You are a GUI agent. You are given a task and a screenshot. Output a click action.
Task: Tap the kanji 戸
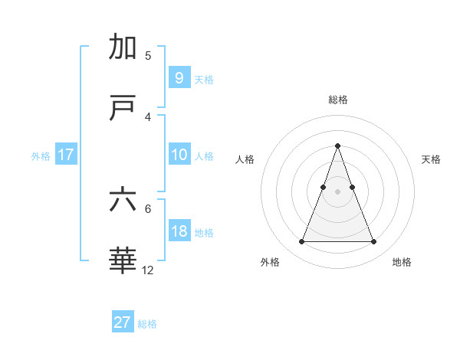pyautogui.click(x=123, y=109)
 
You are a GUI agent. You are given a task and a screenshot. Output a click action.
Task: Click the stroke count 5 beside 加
pyautogui.click(x=148, y=55)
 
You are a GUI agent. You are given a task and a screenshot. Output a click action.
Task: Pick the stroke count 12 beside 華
pyautogui.click(x=148, y=270)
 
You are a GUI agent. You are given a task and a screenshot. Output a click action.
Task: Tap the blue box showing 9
pyautogui.click(x=179, y=77)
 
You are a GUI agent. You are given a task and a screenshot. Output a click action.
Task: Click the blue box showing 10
pyautogui.click(x=179, y=155)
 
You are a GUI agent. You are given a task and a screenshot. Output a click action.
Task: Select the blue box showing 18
pyautogui.click(x=179, y=231)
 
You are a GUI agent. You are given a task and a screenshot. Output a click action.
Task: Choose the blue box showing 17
pyautogui.click(x=66, y=155)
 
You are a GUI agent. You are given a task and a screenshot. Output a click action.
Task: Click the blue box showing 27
pyautogui.click(x=123, y=322)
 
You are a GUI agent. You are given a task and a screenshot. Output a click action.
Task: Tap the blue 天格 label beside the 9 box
pyautogui.click(x=204, y=79)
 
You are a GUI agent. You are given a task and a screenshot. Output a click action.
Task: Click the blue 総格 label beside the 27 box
pyautogui.click(x=147, y=324)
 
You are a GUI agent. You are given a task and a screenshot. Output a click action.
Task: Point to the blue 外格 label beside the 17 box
pyautogui.click(x=41, y=156)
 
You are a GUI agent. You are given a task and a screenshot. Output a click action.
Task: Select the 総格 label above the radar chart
pyautogui.click(x=337, y=100)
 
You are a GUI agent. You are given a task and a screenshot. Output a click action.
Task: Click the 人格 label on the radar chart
pyautogui.click(x=245, y=159)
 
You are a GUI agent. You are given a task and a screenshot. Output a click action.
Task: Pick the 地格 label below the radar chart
pyautogui.click(x=402, y=262)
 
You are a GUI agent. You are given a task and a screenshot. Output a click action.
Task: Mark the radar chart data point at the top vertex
pyautogui.click(x=337, y=146)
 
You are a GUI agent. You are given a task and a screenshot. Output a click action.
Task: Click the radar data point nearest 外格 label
pyautogui.click(x=301, y=242)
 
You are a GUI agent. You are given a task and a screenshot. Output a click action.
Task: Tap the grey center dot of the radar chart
pyautogui.click(x=337, y=191)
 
